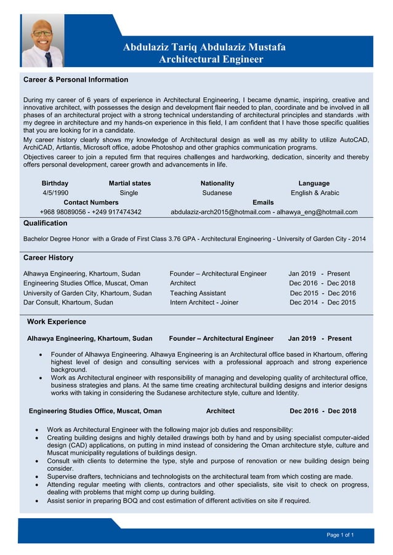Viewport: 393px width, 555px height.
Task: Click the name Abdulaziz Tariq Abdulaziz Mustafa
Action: click(204, 47)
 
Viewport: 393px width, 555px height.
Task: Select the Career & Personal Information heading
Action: click(75, 80)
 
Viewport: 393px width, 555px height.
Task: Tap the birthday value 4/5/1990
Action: click(55, 193)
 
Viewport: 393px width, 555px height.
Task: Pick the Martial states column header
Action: click(129, 183)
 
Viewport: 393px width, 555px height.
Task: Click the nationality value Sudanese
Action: click(217, 193)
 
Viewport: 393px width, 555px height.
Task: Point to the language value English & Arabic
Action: click(315, 193)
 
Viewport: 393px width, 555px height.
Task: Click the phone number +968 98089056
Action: click(64, 212)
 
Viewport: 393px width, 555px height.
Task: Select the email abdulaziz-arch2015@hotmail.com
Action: click(221, 212)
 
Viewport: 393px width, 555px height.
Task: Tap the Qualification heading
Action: click(45, 223)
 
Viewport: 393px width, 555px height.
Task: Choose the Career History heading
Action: click(48, 258)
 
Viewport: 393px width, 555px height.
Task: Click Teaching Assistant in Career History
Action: click(198, 293)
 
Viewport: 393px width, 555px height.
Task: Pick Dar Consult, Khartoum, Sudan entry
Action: click(68, 303)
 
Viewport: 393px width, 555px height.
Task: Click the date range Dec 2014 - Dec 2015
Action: click(322, 303)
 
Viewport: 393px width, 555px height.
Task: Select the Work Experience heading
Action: click(57, 322)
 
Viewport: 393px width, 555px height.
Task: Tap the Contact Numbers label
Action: click(91, 202)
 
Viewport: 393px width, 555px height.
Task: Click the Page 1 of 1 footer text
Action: click(340, 535)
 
